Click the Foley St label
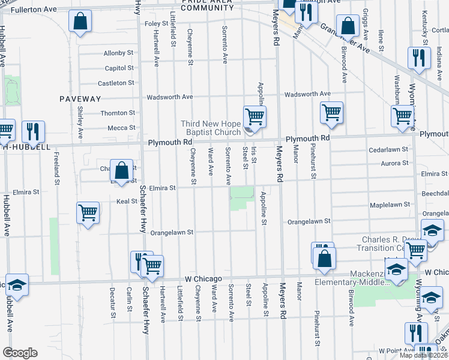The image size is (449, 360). tap(157, 23)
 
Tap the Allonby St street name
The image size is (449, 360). tap(118, 53)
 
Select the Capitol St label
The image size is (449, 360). tap(119, 68)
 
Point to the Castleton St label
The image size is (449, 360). tap(116, 83)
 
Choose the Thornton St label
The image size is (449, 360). tap(117, 113)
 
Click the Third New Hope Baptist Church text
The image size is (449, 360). tap(211, 128)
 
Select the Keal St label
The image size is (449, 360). tap(127, 202)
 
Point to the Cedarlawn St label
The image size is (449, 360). tap(388, 149)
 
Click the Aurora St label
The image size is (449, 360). tap(394, 163)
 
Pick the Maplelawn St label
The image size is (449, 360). tap(390, 205)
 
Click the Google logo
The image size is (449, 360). tap(20, 353)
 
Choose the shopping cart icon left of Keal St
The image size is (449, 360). tap(88, 212)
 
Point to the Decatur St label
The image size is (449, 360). tap(112, 301)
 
